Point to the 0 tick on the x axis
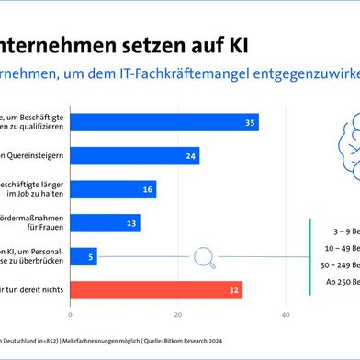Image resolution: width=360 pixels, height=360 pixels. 71,316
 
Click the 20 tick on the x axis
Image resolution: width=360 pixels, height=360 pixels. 178,316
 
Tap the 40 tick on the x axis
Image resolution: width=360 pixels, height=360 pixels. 286,316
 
